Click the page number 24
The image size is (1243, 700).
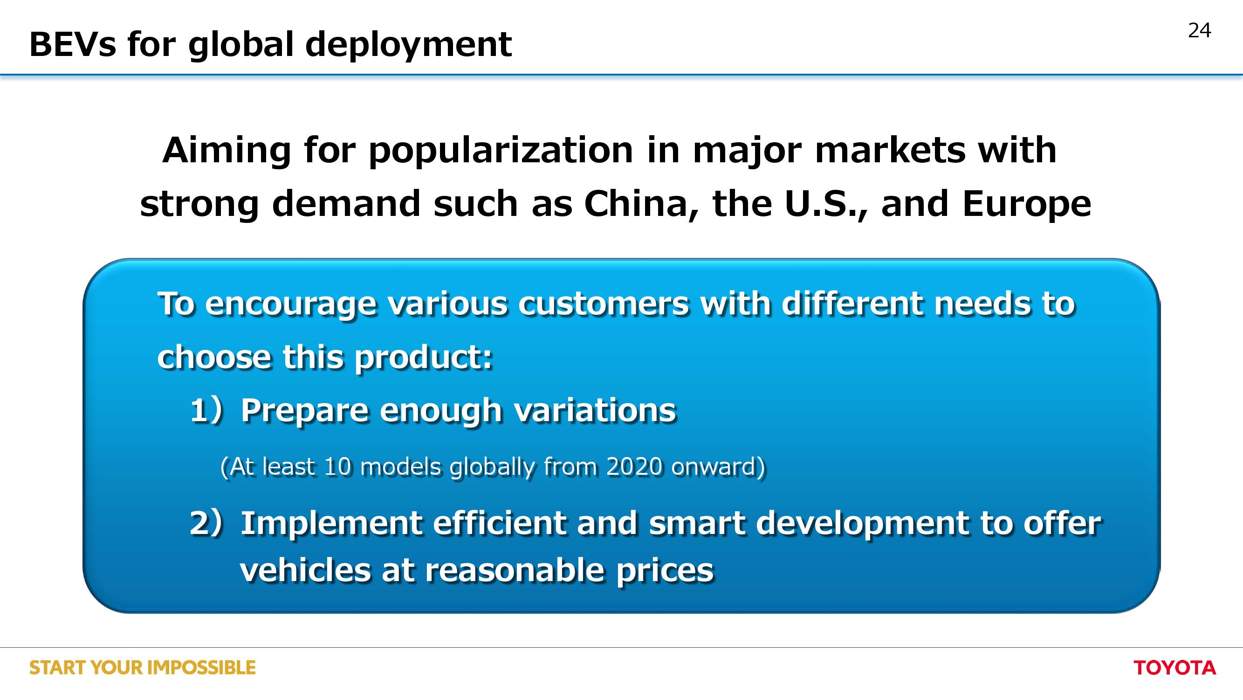point(1199,30)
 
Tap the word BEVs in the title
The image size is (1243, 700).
point(73,44)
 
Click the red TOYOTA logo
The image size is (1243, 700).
point(1174,668)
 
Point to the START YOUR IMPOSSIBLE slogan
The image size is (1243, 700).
point(142,668)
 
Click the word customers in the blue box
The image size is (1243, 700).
point(604,305)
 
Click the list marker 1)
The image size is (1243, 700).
point(206,410)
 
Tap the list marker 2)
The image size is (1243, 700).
point(206,523)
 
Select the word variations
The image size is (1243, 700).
point(595,410)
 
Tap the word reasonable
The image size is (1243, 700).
point(515,570)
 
